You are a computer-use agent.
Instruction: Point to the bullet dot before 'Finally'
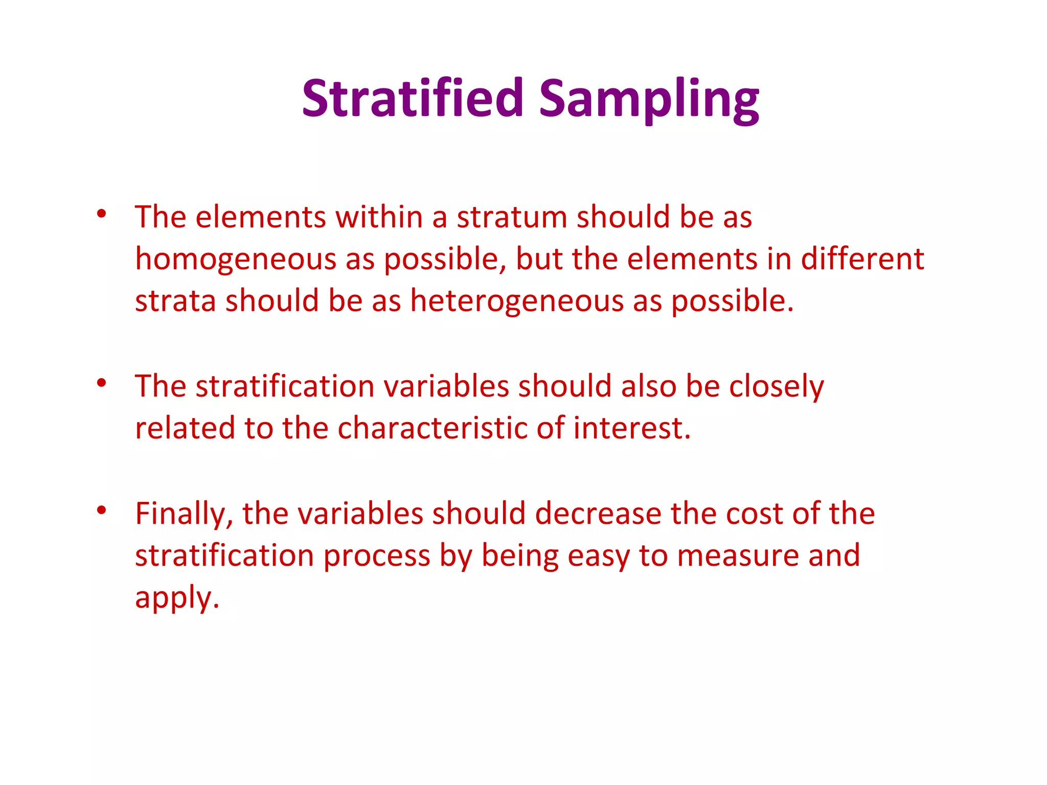point(101,510)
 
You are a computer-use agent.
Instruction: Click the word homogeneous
point(235,259)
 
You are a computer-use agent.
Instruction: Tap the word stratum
point(512,217)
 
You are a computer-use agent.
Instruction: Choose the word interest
point(632,428)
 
